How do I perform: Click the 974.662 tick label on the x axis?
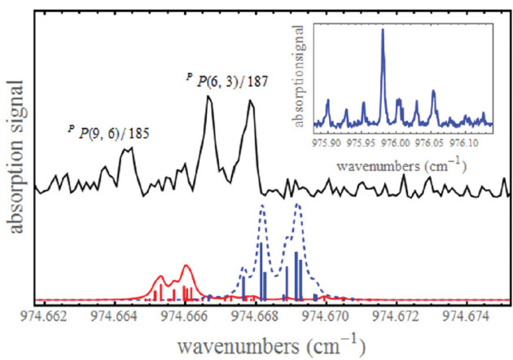point(50,317)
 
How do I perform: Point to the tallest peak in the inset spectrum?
point(383,31)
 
